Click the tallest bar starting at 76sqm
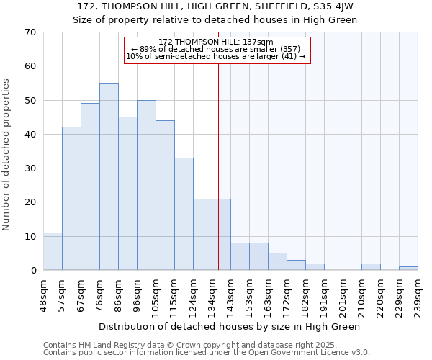pos(109,176)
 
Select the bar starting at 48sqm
pos(53,251)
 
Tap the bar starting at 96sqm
pos(146,185)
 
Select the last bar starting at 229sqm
pos(408,269)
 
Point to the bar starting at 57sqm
pos(71,199)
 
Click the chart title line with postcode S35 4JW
pos(215,6)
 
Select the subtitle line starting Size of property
pos(215,19)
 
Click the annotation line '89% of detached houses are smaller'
pos(216,49)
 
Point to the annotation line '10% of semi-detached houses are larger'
pos(216,56)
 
